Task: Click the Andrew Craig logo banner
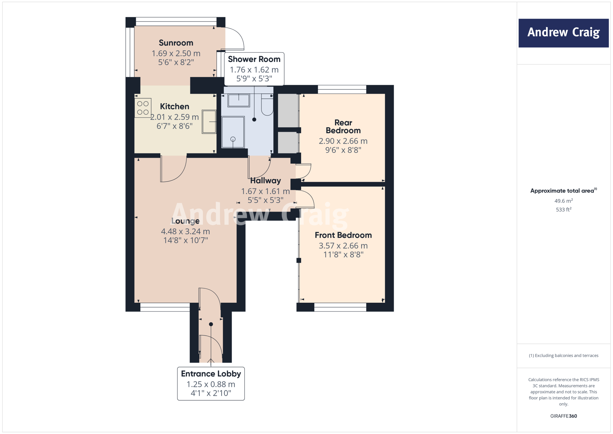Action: pos(563,33)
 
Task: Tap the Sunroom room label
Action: pos(176,43)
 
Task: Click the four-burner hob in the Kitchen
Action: pos(143,108)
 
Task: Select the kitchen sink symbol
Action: pos(209,122)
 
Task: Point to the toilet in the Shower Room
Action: pos(267,105)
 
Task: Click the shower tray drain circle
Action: pos(233,139)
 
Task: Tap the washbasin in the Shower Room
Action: pos(239,100)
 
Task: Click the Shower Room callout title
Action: pos(254,59)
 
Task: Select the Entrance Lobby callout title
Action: pos(211,374)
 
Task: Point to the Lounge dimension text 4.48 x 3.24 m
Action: pos(185,231)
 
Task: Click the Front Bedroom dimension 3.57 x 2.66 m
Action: pos(343,246)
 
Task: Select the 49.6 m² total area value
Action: pos(563,201)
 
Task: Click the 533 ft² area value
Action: pos(563,210)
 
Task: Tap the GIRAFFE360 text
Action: pos(563,416)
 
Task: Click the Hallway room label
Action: pos(265,181)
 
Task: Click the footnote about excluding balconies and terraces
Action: pos(563,355)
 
